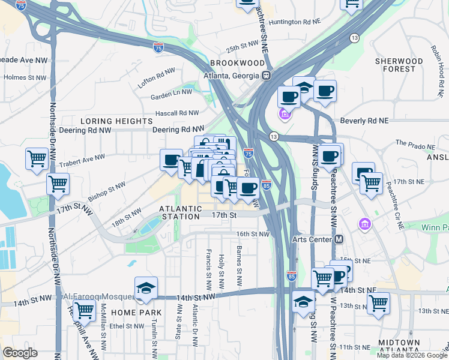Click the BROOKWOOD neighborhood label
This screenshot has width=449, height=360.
(237, 63)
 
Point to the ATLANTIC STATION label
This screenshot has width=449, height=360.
(180, 212)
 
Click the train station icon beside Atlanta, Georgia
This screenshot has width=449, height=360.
(266, 76)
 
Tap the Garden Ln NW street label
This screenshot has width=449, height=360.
(171, 92)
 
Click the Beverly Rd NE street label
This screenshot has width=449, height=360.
(364, 121)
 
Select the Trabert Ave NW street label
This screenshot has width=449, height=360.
(82, 159)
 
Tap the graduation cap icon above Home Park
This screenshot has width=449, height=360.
(146, 289)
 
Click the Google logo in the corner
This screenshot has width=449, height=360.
(20, 353)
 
